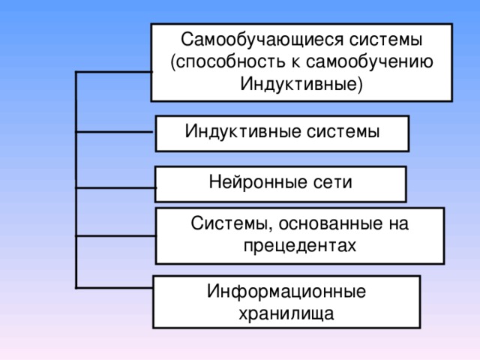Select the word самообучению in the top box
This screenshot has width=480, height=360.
(379, 61)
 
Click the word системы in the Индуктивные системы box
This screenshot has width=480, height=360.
(343, 131)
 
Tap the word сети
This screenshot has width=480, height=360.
(330, 182)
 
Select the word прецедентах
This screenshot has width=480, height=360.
(300, 245)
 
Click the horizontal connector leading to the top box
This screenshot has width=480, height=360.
(113, 73)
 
